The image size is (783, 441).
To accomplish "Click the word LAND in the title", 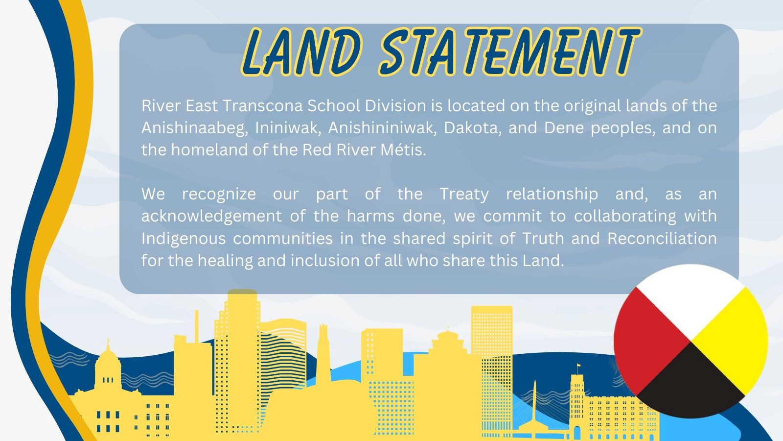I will pyautogui.click(x=302, y=51).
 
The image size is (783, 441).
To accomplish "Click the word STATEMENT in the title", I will pyautogui.click(x=509, y=51).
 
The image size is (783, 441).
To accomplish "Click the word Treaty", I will pyautogui.click(x=464, y=194).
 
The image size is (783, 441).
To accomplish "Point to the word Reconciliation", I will pyautogui.click(x=662, y=238).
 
